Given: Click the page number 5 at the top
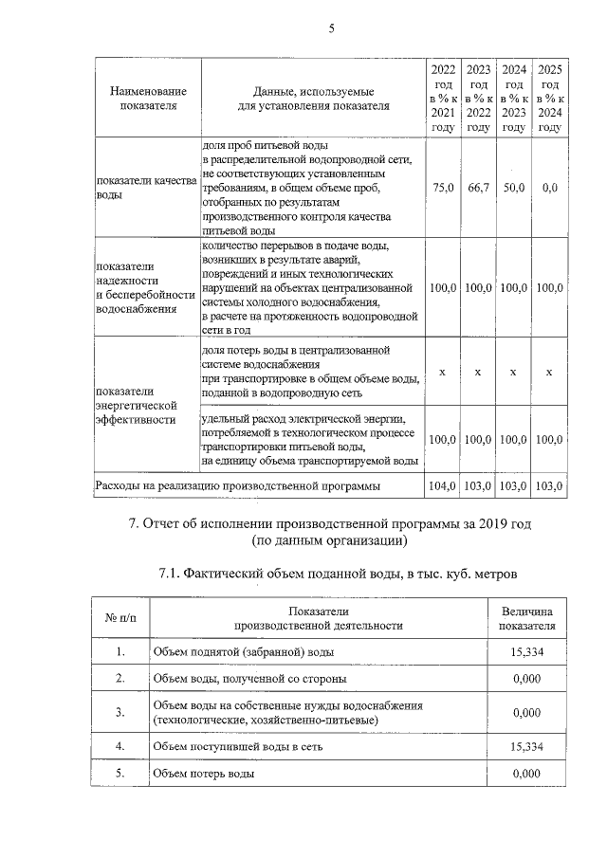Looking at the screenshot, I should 331,28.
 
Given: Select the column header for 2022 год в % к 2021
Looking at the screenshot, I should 443,98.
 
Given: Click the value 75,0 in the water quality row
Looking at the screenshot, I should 443,189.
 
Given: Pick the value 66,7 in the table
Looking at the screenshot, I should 478,189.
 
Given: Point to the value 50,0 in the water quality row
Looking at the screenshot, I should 513,189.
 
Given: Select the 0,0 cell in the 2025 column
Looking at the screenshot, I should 548,189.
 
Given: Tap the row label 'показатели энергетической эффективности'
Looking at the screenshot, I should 138,404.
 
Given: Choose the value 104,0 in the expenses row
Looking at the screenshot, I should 443,486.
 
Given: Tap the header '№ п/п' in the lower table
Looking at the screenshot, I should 120,618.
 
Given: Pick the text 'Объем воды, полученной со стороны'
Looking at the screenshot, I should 249,679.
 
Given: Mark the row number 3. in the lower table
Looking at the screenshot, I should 120,712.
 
